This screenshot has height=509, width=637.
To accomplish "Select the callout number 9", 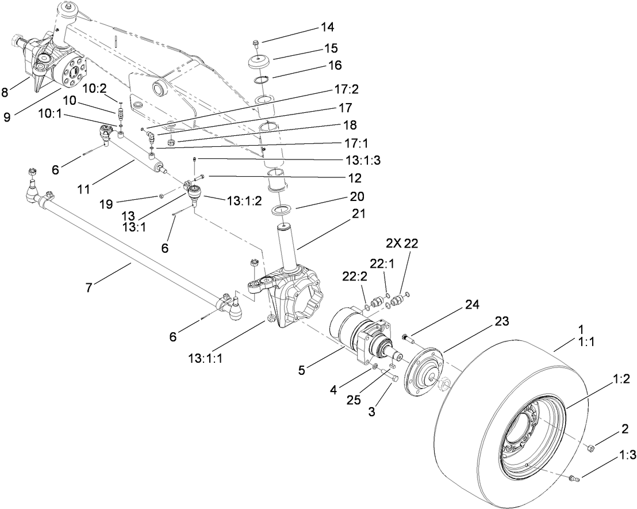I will (x=6, y=117).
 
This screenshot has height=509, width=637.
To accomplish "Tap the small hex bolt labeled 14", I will (x=256, y=43).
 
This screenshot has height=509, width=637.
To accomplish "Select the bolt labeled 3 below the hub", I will (x=394, y=378).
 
